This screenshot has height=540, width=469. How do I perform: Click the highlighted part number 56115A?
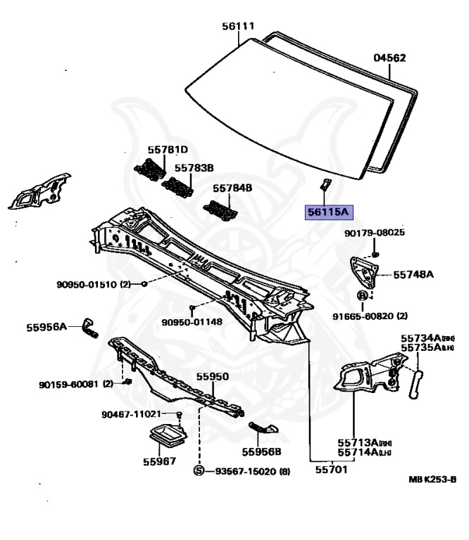pyautogui.click(x=326, y=210)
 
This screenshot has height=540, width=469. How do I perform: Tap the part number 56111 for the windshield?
pyautogui.click(x=237, y=26)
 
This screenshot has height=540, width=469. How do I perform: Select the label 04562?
pyautogui.click(x=389, y=58)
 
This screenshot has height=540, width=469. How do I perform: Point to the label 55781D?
pyautogui.click(x=168, y=149)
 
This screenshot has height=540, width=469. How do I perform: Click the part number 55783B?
pyautogui.click(x=194, y=168)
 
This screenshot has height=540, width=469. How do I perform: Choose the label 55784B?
pyautogui.click(x=232, y=188)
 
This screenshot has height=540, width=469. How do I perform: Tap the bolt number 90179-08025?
pyautogui.click(x=375, y=233)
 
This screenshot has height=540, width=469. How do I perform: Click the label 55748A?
pyautogui.click(x=413, y=275)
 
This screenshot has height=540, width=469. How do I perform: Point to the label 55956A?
pyautogui.click(x=46, y=327)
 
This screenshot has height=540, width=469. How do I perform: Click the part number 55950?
pyautogui.click(x=212, y=377)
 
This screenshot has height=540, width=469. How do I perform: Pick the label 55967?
pyautogui.click(x=160, y=462)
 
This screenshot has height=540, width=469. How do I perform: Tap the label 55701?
pyautogui.click(x=330, y=470)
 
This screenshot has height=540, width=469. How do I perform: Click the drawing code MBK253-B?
pyautogui.click(x=432, y=480)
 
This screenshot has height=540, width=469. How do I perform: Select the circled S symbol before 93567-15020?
pyautogui.click(x=199, y=470)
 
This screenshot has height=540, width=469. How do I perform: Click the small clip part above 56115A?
pyautogui.click(x=325, y=185)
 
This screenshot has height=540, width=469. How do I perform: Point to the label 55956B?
pyautogui.click(x=262, y=451)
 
